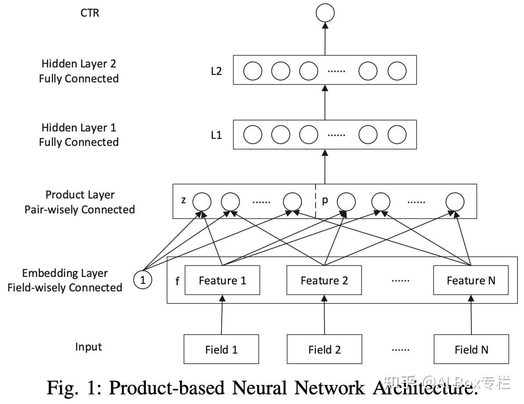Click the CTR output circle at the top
(325, 13)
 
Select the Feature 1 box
(223, 280)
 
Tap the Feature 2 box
(324, 280)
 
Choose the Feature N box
(471, 280)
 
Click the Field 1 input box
(221, 349)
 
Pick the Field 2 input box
(324, 349)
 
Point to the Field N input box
(471, 349)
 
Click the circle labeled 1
(143, 280)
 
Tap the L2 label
(216, 71)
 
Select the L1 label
(216, 135)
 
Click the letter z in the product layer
(184, 201)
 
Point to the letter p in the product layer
(325, 201)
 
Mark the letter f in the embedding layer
(177, 281)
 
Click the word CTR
(90, 13)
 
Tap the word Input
(89, 347)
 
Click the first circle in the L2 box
(253, 71)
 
